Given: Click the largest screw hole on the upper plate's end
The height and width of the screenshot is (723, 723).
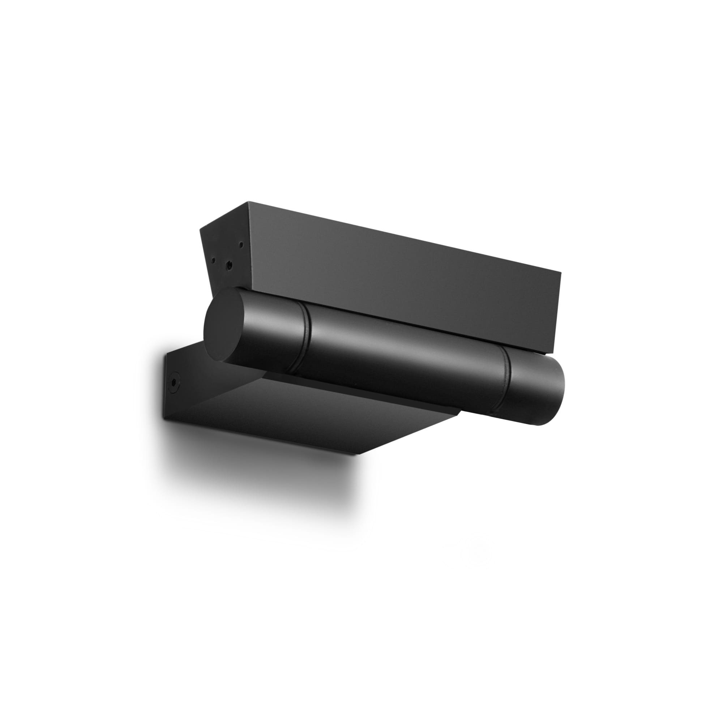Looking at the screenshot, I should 229,265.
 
